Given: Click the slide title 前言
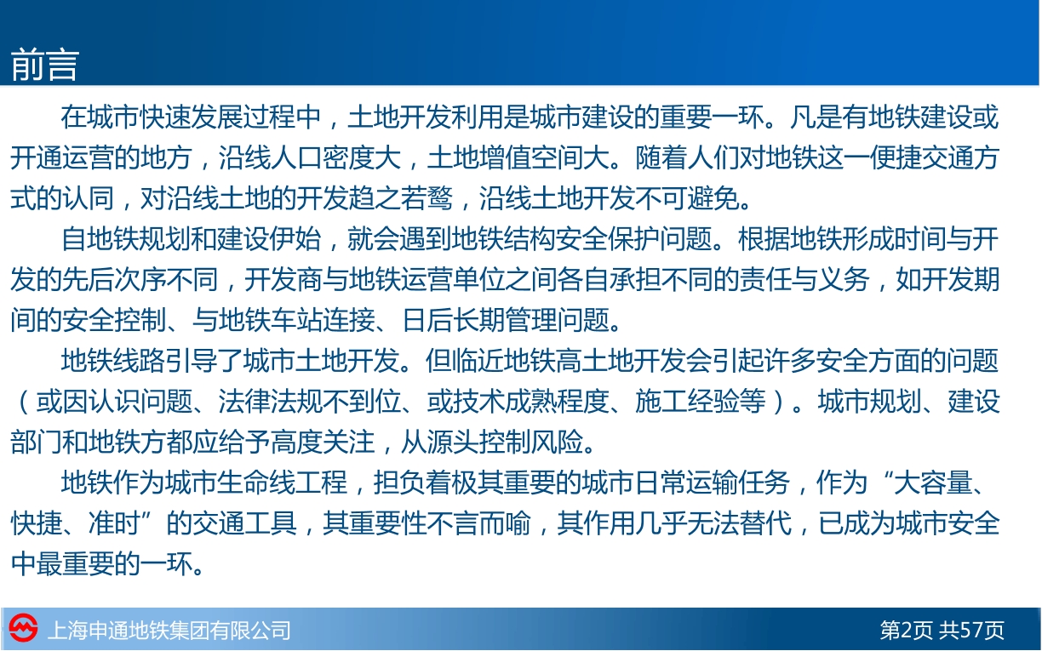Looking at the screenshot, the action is (44, 65).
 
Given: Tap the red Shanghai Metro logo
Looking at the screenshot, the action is (23, 629).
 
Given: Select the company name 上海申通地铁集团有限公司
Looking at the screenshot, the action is (169, 631).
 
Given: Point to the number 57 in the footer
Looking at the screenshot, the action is (970, 630).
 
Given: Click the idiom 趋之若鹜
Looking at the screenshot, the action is (400, 198).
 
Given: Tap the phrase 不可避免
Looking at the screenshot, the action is (687, 198).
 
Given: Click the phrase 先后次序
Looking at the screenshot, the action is (114, 279).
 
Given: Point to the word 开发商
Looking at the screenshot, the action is (283, 279).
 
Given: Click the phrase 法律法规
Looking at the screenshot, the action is (270, 402).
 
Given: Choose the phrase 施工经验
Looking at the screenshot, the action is (687, 402).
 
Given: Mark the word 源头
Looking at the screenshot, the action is (453, 442).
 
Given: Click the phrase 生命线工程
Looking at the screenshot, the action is (283, 483).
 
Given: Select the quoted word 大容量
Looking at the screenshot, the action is (934, 483).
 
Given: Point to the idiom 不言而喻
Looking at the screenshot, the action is (478, 523).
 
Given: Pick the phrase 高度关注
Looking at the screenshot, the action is (322, 442).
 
